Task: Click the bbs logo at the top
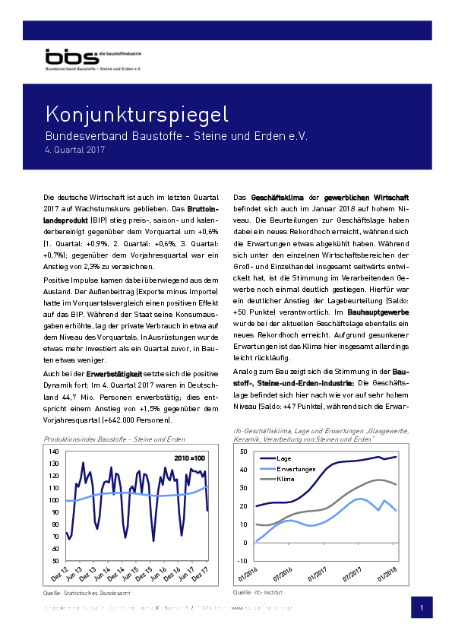(65, 57)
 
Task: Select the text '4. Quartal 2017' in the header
(74, 150)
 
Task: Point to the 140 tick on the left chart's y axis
(53, 451)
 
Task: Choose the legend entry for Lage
(286, 459)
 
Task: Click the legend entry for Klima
(286, 480)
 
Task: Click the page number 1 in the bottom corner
(422, 609)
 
